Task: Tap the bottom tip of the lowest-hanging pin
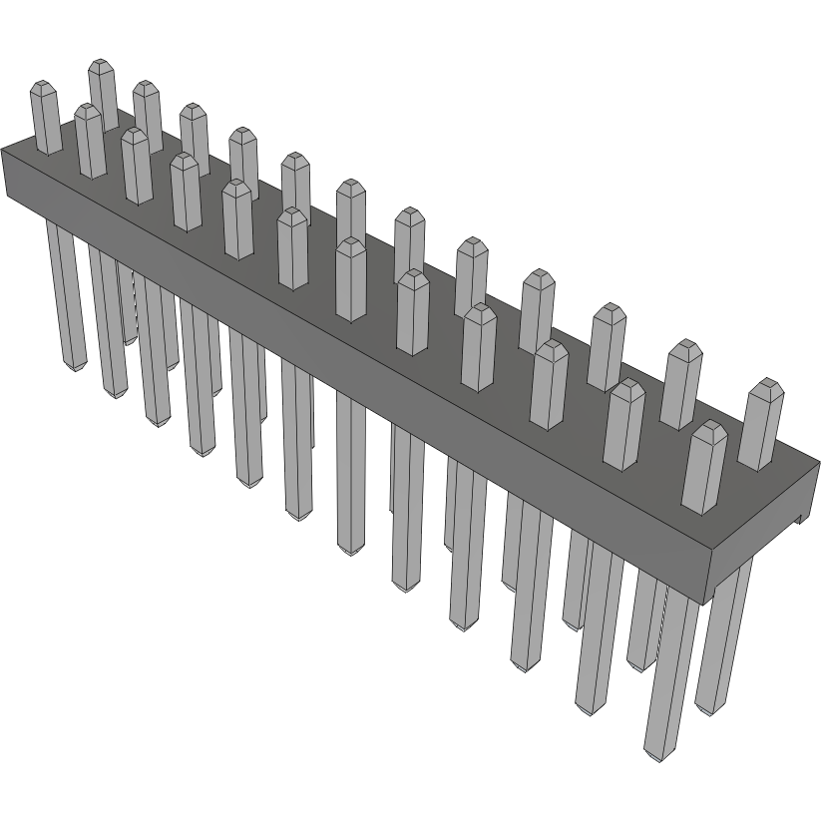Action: pos(657,760)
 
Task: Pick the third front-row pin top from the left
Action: pos(136,132)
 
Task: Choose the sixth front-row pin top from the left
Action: pos(290,213)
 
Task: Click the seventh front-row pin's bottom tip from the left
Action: pos(350,552)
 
